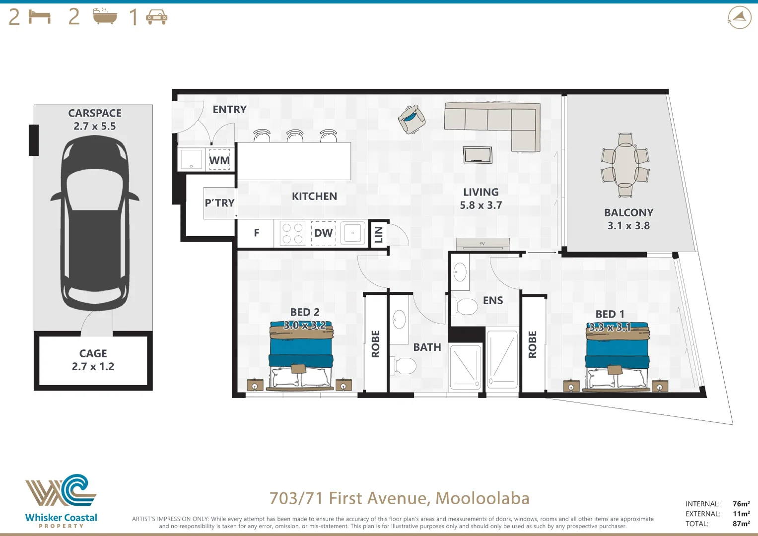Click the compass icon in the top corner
coord(739,17)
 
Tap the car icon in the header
coord(156,18)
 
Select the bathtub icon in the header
coord(105,17)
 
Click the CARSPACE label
coord(94,114)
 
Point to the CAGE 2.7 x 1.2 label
coord(93,360)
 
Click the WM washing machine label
coord(219,160)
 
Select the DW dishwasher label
coord(323,233)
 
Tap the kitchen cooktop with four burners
coord(292,233)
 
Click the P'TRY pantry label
coord(219,203)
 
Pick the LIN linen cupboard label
coord(378,234)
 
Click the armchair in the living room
coord(412,119)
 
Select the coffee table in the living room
coord(478,155)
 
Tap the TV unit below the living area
coord(483,244)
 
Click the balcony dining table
coord(625,165)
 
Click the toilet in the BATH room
coord(404,366)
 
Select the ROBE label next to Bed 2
coord(376,343)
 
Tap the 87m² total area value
coord(741,524)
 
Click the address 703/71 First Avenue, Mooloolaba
coord(399,498)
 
